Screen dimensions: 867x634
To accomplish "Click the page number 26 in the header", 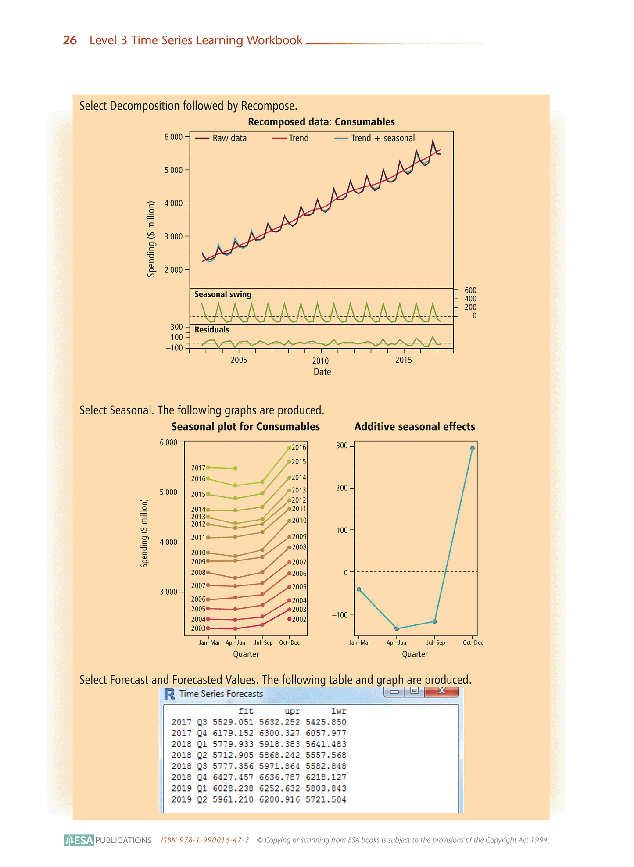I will tap(70, 40).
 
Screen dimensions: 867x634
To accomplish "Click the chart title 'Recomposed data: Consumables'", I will tap(321, 122).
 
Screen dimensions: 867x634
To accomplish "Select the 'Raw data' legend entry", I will tap(229, 138).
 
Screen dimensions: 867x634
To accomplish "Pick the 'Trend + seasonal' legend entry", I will tap(382, 138).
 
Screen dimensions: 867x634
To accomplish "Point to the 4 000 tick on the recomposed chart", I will tap(173, 203).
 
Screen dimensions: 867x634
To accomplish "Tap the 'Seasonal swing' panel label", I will tap(223, 294).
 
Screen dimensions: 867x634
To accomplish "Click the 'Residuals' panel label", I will tap(212, 330).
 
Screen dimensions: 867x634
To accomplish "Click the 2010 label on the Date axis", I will tap(320, 361).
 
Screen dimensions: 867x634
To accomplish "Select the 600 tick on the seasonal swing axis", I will tap(470, 290).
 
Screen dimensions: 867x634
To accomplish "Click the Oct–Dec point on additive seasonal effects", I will tap(473, 448).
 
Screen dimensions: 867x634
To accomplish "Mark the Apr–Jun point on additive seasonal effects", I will tap(397, 628).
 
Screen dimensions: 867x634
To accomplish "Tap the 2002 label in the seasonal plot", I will tap(299, 619).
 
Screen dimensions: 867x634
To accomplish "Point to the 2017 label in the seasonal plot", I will tap(198, 468).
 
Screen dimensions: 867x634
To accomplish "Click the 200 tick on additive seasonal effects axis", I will tap(342, 488).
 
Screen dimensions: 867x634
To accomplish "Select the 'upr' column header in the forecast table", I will tap(292, 711).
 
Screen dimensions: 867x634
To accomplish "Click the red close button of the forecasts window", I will tap(441, 692).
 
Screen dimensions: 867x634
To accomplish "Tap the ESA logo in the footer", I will tap(79, 840).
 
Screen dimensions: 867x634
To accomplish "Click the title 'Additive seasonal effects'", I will tap(415, 427).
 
